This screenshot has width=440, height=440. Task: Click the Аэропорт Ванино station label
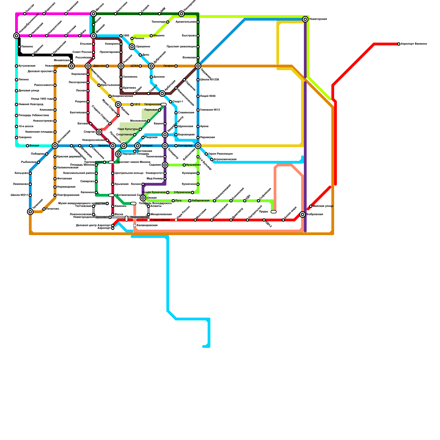[x=414, y=44]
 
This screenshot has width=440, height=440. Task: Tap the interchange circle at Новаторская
[x=305, y=19]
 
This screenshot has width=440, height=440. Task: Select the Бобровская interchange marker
[x=302, y=215]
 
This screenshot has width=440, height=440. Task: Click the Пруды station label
[x=263, y=212]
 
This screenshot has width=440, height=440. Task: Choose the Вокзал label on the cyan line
[x=34, y=146]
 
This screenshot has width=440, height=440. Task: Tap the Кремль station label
[x=103, y=146]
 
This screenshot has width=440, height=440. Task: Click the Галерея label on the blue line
[x=147, y=146]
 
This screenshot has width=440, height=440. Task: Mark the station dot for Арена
[x=198, y=127]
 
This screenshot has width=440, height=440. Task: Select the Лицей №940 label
[x=208, y=96]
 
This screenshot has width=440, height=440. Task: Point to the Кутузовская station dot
[x=16, y=66]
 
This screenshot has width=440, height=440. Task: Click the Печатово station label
[x=53, y=209]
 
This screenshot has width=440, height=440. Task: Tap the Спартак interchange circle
[x=99, y=132]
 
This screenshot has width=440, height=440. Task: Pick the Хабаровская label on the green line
[x=200, y=201]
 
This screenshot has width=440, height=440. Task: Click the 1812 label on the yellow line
[x=137, y=105]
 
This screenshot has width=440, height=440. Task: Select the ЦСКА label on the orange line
[x=134, y=66]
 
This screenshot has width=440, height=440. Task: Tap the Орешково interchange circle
[x=132, y=47]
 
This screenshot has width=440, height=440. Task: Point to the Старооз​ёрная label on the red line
[x=160, y=220]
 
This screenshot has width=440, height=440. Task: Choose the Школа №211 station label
[x=19, y=195]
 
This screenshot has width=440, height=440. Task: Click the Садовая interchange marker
[x=165, y=165]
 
